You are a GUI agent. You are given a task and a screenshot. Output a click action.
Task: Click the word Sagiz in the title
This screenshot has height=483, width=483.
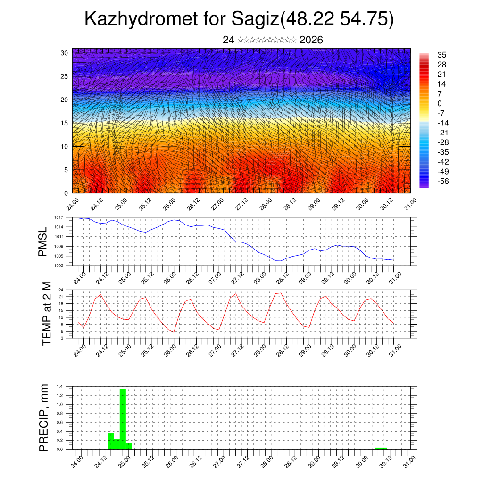point(255,19)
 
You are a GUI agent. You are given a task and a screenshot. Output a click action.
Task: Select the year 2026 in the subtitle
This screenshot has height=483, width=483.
point(311,40)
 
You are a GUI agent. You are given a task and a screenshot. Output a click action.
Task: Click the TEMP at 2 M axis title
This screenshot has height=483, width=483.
point(46,313)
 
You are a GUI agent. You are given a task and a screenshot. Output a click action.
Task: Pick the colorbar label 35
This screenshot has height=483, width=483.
point(442,55)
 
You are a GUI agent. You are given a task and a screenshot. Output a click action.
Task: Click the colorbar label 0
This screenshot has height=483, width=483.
point(440,103)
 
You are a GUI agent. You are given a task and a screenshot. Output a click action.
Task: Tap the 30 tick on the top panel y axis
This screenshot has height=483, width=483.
point(64,53)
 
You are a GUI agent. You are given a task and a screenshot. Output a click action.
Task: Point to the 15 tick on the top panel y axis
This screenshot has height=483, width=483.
point(64,123)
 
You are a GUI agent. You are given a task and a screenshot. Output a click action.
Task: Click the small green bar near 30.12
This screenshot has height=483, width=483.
point(381,448)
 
